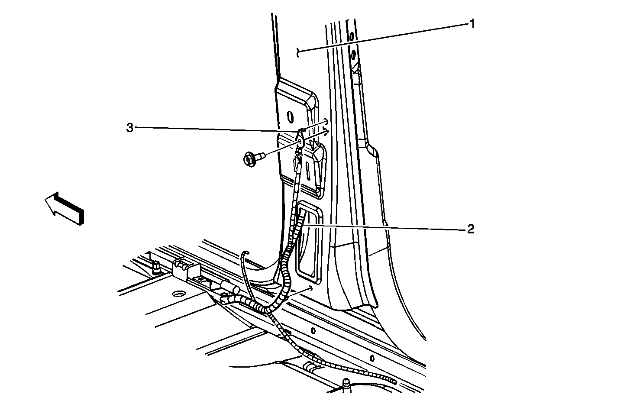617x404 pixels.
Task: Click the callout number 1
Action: point(472,24)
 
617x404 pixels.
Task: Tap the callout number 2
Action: point(471,229)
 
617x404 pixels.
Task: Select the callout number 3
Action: point(130,127)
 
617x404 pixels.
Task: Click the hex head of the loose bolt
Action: point(249,160)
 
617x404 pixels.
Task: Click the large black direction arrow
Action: point(64,208)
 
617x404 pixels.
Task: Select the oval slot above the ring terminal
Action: point(291,117)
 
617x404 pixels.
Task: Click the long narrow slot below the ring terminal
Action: point(308,171)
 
